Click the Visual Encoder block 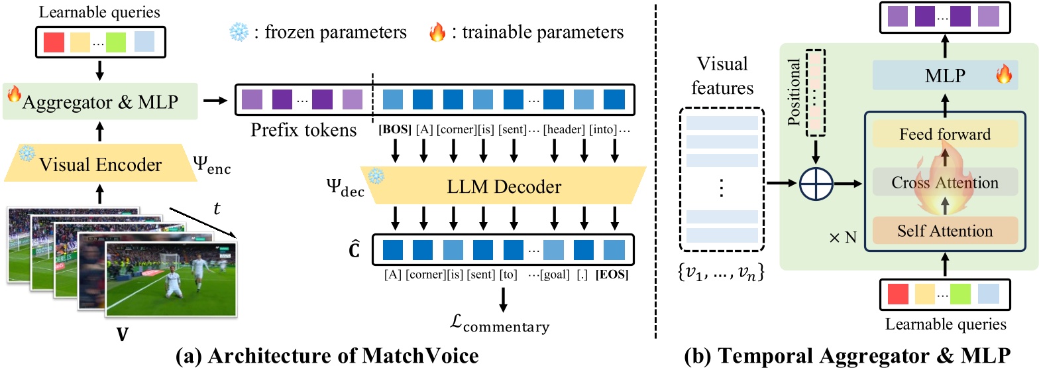(99, 164)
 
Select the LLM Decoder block (504, 186)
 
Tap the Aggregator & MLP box (100, 101)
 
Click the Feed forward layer (944, 134)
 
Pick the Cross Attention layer (944, 182)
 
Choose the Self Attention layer (944, 231)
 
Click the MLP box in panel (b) (944, 76)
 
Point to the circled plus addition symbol (816, 184)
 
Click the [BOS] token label (395, 129)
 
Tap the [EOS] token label (612, 275)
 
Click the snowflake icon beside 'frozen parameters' (239, 32)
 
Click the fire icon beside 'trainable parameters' (437, 32)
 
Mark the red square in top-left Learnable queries (54, 42)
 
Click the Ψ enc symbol (211, 164)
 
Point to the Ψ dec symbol (345, 187)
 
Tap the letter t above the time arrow (217, 208)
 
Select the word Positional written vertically (794, 92)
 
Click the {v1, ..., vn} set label (721, 272)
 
